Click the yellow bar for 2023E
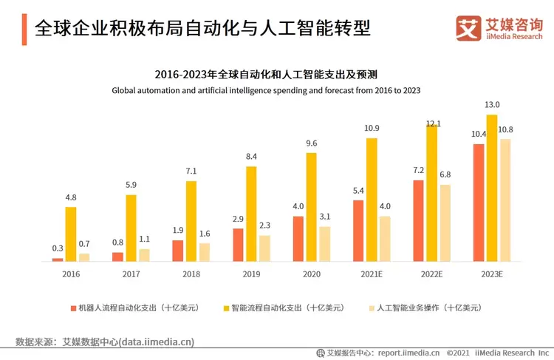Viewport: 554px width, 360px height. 492,188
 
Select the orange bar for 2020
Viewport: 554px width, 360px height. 298,238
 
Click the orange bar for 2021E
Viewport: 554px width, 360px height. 358,231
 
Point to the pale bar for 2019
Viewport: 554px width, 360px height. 265,248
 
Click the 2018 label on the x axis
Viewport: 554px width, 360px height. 191,274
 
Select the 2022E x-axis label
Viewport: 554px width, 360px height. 431,274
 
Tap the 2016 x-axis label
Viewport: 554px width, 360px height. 71,274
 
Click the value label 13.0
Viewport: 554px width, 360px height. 492,104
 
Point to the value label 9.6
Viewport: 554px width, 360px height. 312,143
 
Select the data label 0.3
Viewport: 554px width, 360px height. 57,248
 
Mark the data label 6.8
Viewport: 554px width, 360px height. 445,174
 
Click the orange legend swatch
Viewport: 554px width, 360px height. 73,308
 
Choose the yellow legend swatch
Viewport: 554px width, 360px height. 225,308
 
